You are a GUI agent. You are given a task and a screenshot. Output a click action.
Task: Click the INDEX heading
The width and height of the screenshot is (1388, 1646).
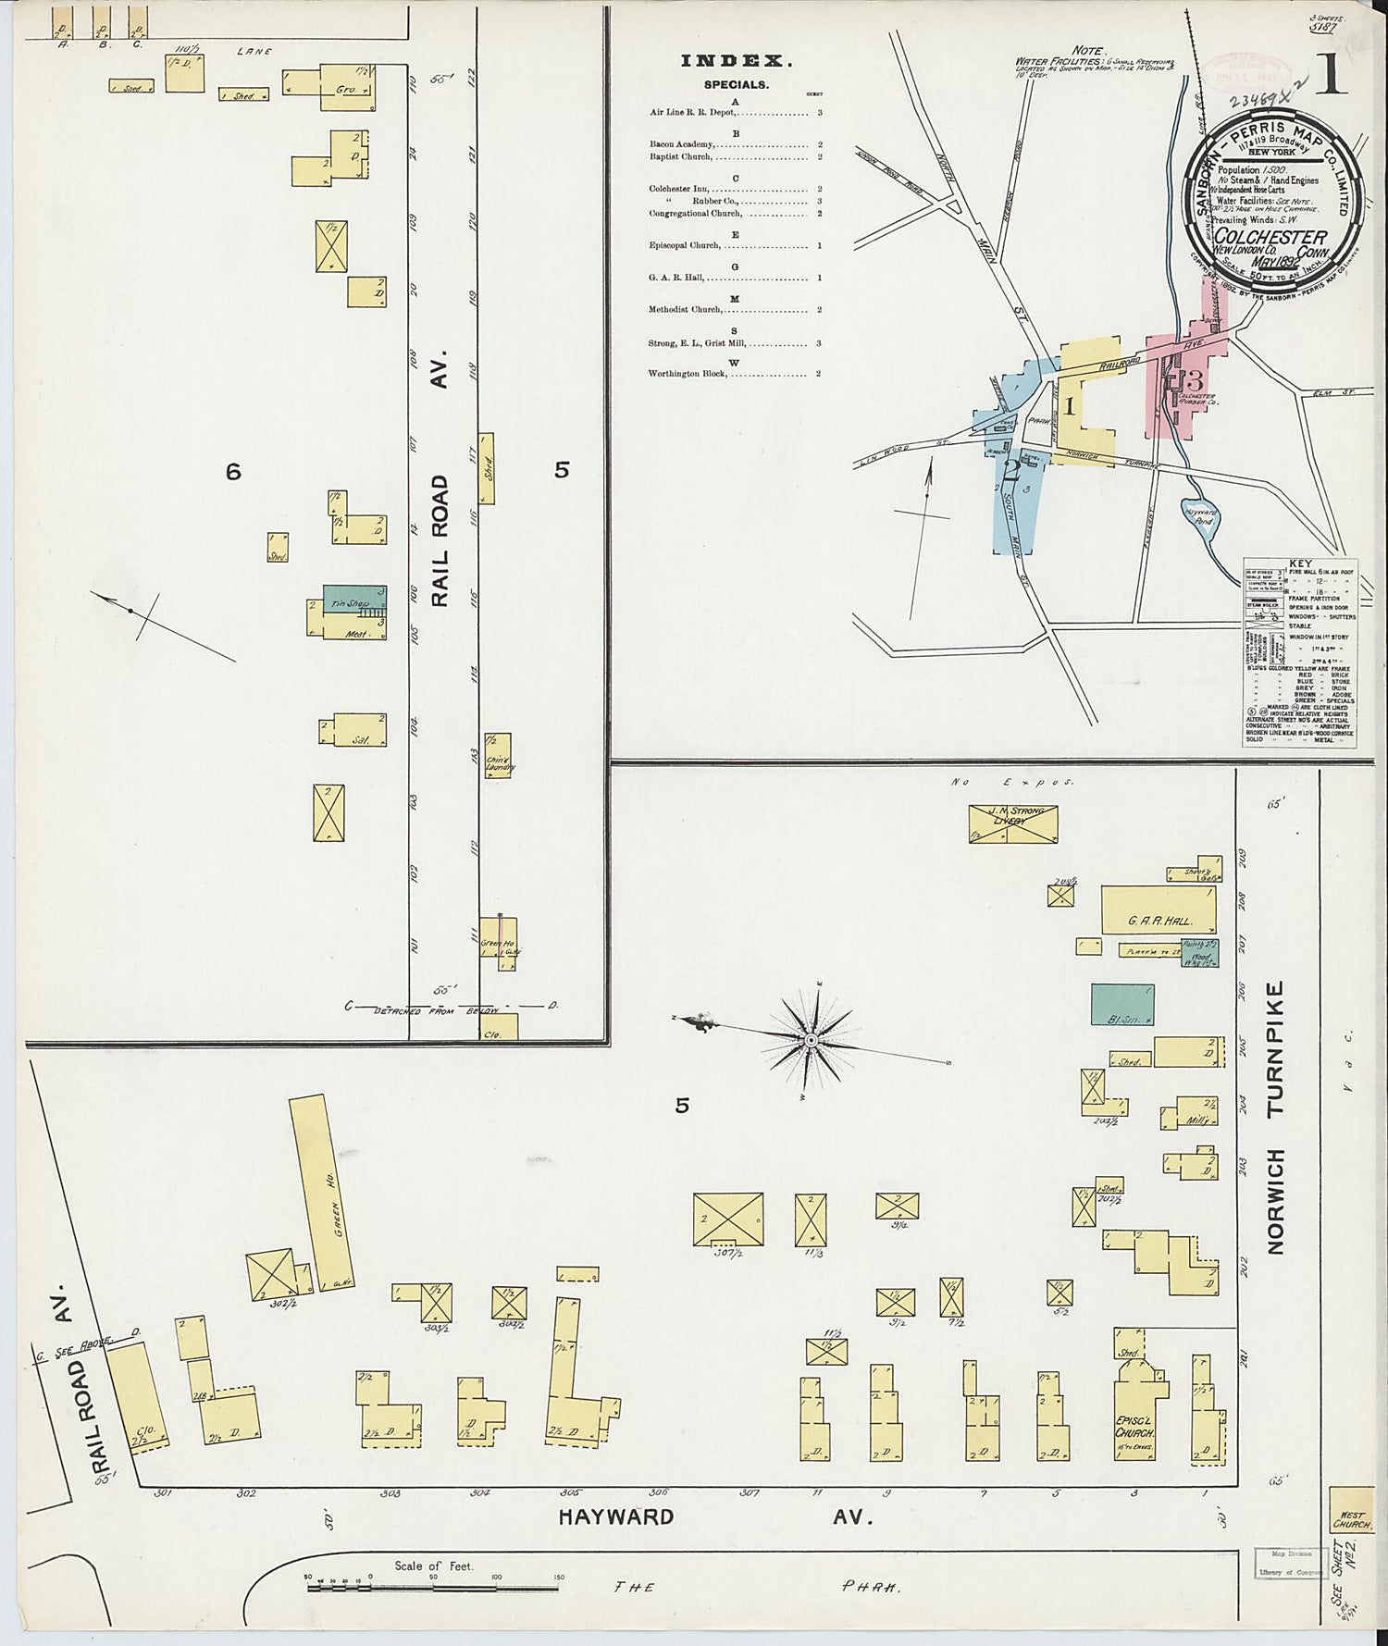736,61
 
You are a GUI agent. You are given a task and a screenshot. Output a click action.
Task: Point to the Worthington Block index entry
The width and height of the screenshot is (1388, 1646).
689,374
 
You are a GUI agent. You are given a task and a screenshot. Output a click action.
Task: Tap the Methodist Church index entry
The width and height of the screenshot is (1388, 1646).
685,310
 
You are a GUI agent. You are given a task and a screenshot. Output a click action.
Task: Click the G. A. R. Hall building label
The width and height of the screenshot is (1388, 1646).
1159,921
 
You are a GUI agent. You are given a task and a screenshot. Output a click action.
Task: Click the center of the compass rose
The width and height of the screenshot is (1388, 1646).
811,1040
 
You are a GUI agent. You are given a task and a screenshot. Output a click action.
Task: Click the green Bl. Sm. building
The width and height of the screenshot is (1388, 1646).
1122,1005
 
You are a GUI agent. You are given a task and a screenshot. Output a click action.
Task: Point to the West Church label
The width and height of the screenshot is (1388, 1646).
1350,1516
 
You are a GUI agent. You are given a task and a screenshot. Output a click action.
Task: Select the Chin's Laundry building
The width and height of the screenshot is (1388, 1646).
498,755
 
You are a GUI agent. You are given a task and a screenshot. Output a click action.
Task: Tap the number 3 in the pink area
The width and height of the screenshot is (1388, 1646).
1195,379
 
